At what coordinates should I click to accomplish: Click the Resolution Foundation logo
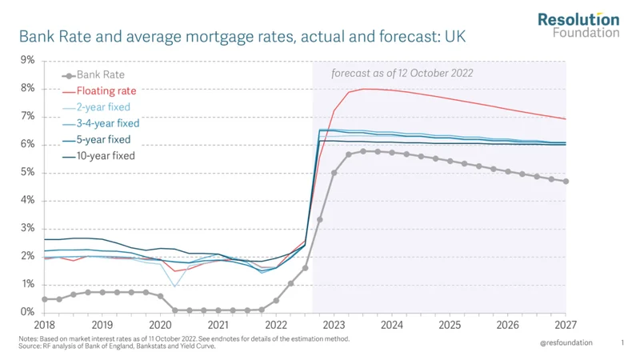click(x=578, y=25)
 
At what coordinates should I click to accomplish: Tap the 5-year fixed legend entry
click(x=103, y=139)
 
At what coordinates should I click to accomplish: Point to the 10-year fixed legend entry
click(x=106, y=156)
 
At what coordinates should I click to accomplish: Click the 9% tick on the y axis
click(x=27, y=60)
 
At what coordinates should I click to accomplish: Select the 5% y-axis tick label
click(x=27, y=172)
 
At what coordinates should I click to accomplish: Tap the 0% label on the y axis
click(x=27, y=312)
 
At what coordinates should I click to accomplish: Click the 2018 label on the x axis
click(x=44, y=326)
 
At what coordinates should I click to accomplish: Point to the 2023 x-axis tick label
click(x=334, y=326)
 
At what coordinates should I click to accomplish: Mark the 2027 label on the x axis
click(x=566, y=326)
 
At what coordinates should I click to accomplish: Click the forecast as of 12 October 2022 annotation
click(x=402, y=73)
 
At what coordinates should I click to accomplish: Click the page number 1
click(x=622, y=342)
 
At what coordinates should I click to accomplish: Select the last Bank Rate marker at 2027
click(x=566, y=181)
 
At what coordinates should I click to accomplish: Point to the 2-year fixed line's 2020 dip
click(x=175, y=286)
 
